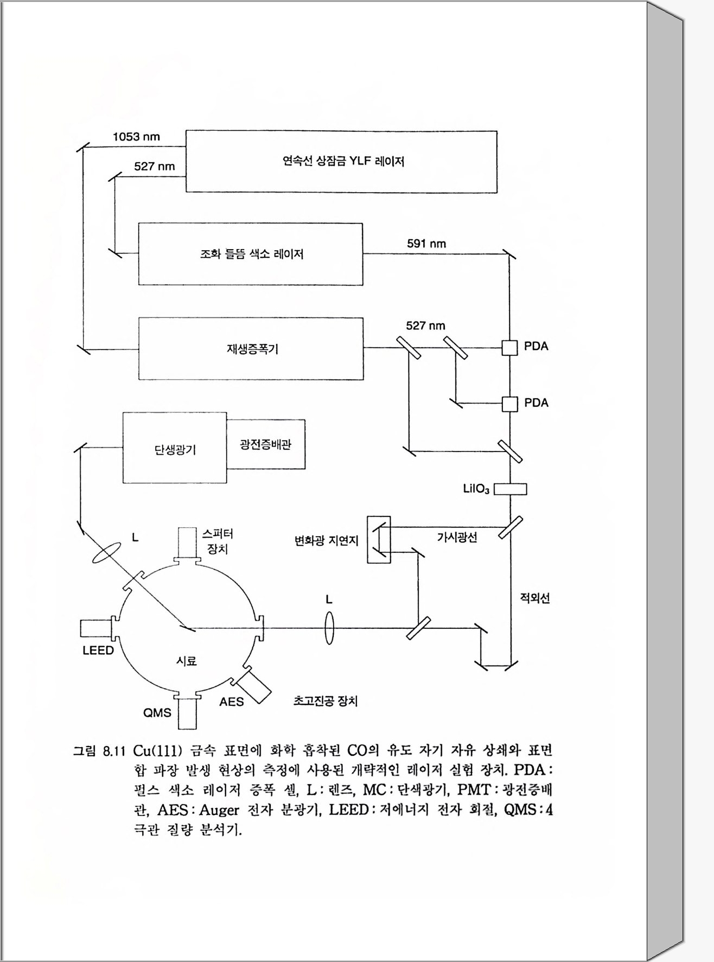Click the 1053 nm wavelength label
[136, 137]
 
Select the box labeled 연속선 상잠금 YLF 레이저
[341, 162]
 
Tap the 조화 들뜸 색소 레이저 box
[250, 254]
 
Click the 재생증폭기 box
[251, 348]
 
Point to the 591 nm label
[426, 244]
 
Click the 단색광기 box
[174, 448]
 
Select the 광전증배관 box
[266, 444]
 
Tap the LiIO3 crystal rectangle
[511, 489]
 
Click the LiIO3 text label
[476, 489]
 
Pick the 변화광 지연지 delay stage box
[379, 539]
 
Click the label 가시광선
[457, 538]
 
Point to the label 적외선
[534, 598]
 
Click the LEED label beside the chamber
[98, 650]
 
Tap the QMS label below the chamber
[157, 712]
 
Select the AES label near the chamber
[231, 702]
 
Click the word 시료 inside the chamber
[186, 661]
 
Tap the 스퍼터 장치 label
[217, 541]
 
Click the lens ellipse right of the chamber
[329, 628]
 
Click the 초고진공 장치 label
[325, 701]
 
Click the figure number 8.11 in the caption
[113, 751]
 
